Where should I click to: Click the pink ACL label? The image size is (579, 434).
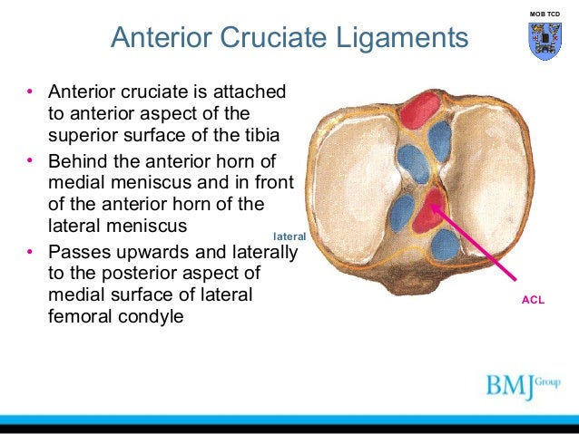point(534,298)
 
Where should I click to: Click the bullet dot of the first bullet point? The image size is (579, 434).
point(29,92)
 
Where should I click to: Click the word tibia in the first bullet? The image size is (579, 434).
point(251,135)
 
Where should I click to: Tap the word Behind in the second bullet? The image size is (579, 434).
point(79,161)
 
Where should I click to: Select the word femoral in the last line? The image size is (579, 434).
point(83,318)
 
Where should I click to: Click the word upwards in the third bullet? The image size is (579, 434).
point(145,251)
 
